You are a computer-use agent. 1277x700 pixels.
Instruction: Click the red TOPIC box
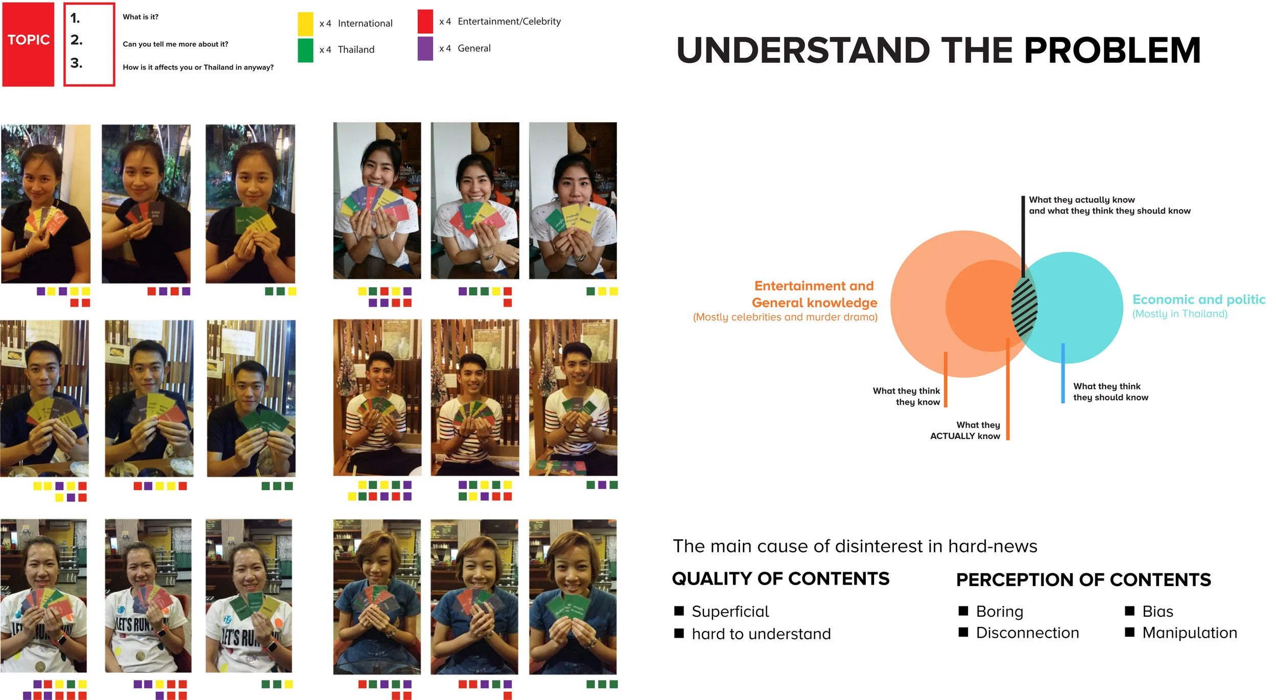(28, 44)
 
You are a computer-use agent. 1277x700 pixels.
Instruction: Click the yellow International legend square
(305, 24)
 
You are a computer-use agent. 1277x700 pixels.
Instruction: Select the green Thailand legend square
(305, 50)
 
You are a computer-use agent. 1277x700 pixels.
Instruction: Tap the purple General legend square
(425, 49)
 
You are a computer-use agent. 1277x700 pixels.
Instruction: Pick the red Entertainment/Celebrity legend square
(425, 21)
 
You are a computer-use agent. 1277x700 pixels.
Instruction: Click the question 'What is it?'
(140, 17)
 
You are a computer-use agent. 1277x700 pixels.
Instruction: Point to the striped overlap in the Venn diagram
(1024, 307)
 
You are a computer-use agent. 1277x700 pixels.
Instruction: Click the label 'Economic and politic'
(1198, 299)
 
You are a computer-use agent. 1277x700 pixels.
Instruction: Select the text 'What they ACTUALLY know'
(965, 430)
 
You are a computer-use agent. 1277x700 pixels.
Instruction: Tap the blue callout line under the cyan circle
(1062, 373)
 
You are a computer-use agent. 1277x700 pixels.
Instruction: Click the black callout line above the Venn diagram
(1023, 235)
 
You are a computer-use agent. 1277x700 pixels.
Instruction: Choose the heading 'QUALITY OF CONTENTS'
(781, 578)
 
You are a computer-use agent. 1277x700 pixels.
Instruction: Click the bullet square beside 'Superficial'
(679, 611)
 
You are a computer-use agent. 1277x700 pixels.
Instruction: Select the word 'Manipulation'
(1189, 633)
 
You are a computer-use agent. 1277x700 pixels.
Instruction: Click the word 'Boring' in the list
(999, 611)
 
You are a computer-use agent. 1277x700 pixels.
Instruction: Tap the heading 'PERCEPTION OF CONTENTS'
(1083, 579)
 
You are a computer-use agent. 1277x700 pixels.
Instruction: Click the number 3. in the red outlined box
(76, 63)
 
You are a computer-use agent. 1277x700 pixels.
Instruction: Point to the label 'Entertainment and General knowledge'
(814, 294)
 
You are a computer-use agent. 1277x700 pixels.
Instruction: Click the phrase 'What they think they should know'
(1110, 392)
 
